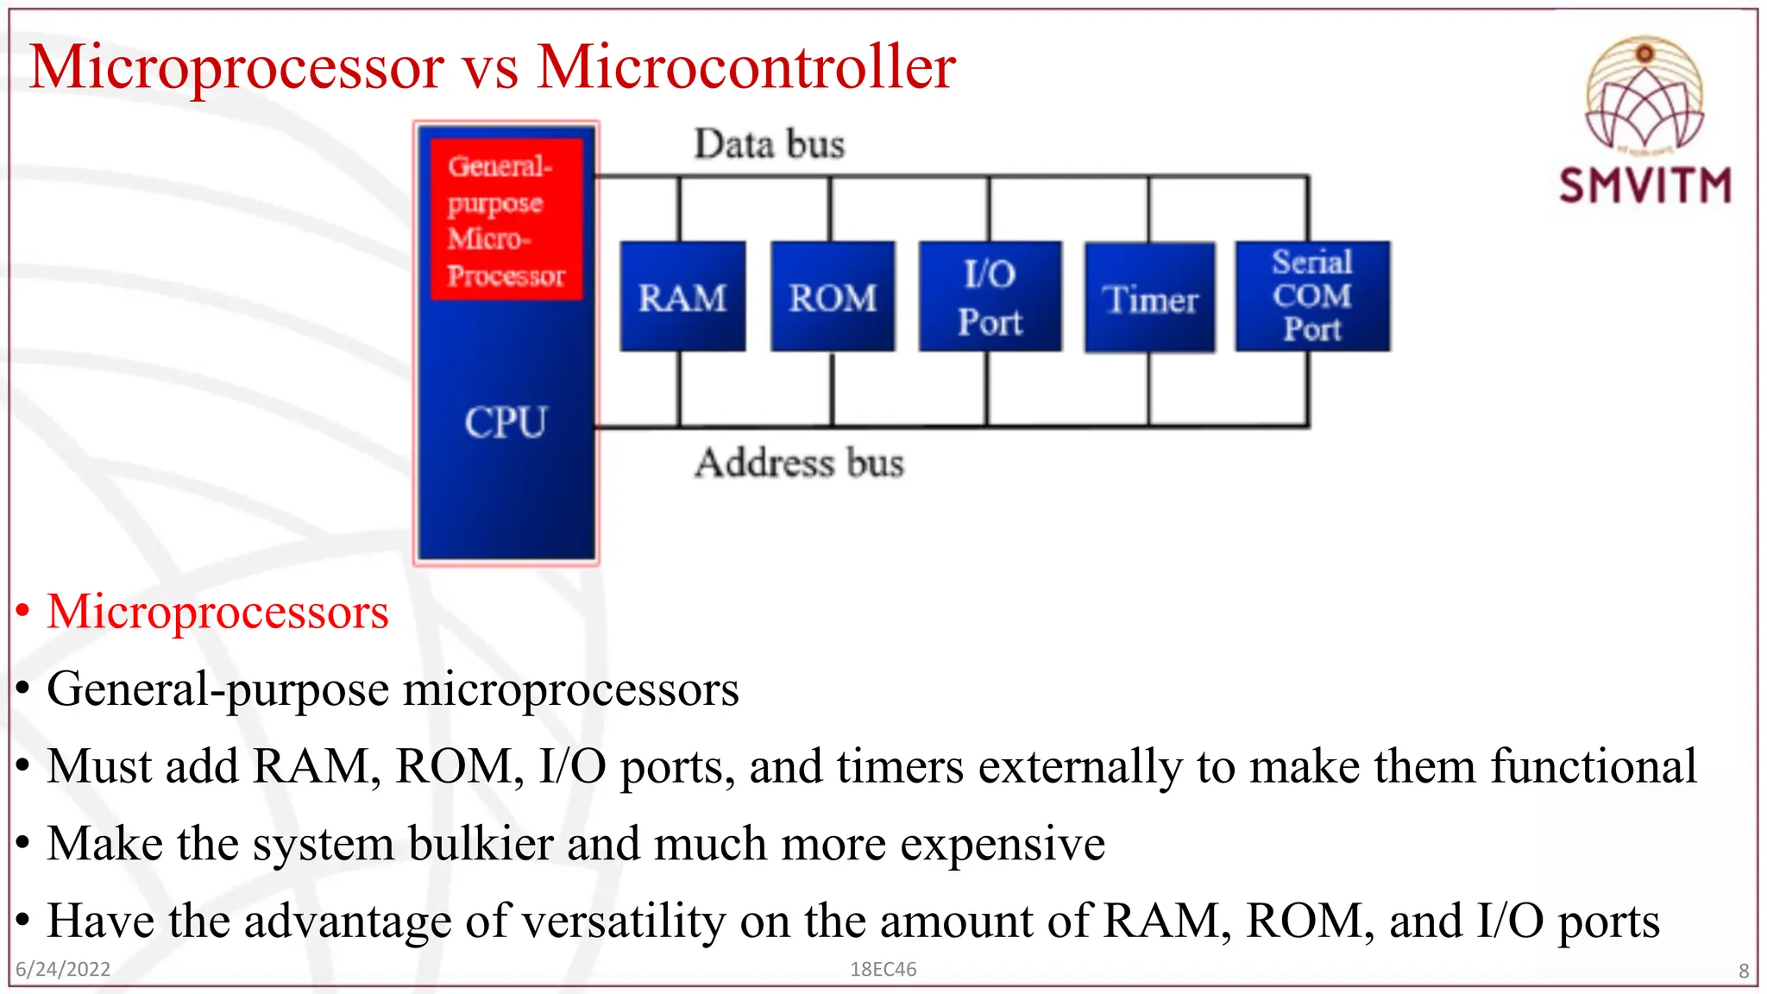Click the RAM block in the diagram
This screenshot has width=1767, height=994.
click(x=682, y=297)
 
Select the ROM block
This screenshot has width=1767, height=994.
click(x=833, y=297)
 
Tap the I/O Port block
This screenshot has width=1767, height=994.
click(x=990, y=297)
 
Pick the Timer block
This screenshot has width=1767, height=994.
click(x=1149, y=299)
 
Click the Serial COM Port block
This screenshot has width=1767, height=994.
click(x=1311, y=296)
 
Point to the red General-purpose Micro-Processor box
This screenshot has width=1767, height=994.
click(x=506, y=220)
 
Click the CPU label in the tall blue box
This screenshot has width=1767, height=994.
click(x=506, y=423)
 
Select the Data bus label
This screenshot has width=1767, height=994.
click(x=769, y=144)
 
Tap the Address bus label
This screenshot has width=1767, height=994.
click(x=799, y=463)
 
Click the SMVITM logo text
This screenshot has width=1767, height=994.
click(x=1644, y=186)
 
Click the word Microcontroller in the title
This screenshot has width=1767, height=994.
click(x=745, y=66)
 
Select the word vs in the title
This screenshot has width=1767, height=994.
click(x=490, y=69)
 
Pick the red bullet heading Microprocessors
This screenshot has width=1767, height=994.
click(x=217, y=612)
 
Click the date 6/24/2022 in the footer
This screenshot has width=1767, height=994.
click(x=63, y=969)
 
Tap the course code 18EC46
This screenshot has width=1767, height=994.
click(x=883, y=969)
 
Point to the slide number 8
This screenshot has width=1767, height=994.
click(x=1743, y=971)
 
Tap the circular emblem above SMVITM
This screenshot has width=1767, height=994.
click(x=1644, y=95)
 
